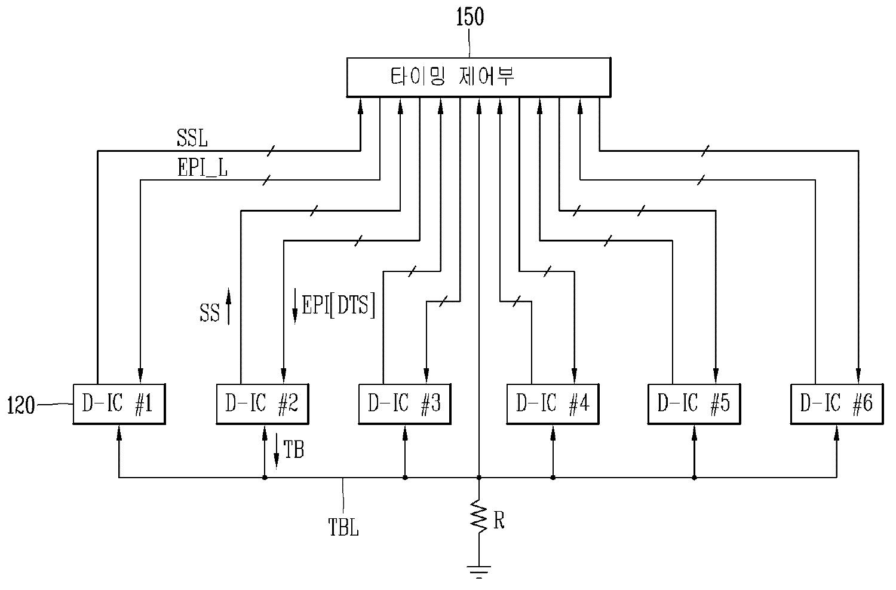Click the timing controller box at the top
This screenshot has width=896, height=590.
(478, 77)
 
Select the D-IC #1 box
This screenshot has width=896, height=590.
(119, 403)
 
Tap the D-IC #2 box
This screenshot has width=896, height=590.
(262, 403)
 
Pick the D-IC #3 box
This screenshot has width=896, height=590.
(405, 403)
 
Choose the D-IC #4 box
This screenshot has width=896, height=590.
(553, 403)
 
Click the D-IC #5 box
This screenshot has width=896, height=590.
(694, 403)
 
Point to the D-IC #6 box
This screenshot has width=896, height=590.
(837, 403)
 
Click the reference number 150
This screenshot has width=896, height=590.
(470, 17)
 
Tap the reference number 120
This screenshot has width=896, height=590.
(21, 405)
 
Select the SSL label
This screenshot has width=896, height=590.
(192, 139)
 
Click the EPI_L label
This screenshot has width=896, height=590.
(202, 168)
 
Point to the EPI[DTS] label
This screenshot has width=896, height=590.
(339, 305)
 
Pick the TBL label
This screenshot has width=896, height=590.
(343, 527)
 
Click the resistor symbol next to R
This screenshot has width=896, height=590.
(479, 515)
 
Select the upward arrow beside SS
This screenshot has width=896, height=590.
(229, 306)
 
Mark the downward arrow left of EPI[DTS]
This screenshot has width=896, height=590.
(295, 305)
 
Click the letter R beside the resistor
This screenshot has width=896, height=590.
(499, 520)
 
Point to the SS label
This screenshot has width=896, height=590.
(210, 313)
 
